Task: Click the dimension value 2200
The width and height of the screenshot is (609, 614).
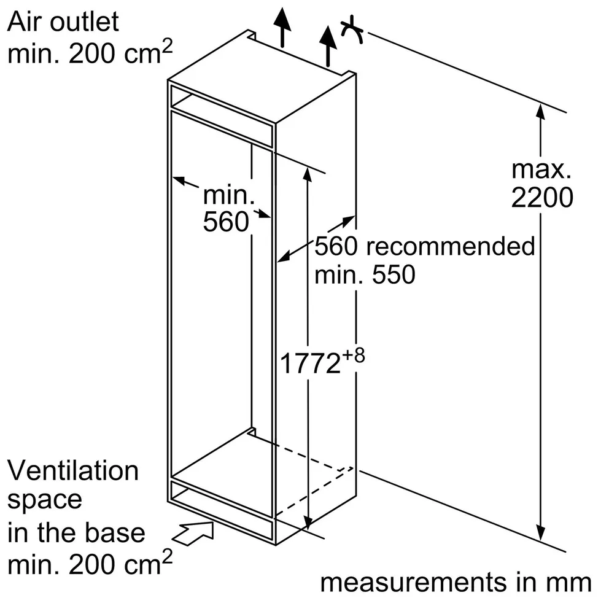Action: coord(542,198)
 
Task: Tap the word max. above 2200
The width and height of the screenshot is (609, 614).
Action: coord(541,169)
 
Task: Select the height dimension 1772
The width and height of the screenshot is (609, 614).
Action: coord(310,363)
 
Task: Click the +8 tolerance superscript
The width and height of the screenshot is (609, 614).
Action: coord(354,355)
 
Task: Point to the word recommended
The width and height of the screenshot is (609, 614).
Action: coord(451,247)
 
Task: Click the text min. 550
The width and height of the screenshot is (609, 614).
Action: coord(365,274)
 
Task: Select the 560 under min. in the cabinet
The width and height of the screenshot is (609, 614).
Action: coord(225,222)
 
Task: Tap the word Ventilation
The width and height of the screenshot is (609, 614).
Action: coord(73,471)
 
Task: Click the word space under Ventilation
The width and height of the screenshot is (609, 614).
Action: coord(45,500)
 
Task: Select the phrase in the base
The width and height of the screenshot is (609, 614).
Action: coord(76,532)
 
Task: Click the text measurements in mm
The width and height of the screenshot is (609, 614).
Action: coord(456,582)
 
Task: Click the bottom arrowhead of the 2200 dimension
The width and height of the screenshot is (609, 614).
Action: coord(540,532)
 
